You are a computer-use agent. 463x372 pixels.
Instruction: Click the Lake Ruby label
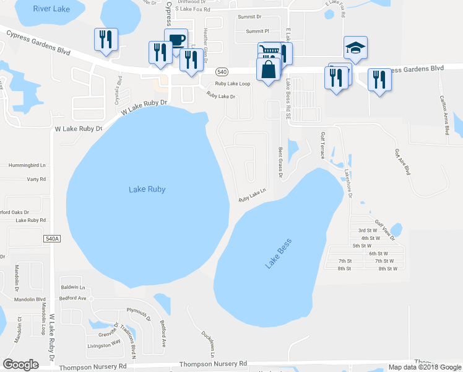[x=147, y=189]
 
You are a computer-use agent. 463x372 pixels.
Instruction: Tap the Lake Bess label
[x=278, y=254]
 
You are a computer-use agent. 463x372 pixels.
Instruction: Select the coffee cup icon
[x=176, y=40]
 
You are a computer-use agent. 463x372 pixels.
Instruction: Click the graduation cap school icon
[x=356, y=47]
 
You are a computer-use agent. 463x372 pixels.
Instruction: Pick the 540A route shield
[x=53, y=238]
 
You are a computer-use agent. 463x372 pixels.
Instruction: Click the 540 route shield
[x=222, y=72]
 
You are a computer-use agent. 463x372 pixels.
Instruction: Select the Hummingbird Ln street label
[x=27, y=166]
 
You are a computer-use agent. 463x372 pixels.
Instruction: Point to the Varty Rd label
[x=37, y=179]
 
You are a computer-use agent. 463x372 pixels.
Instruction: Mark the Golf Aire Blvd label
[x=403, y=161]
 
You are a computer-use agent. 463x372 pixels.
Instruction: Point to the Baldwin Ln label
[x=72, y=288]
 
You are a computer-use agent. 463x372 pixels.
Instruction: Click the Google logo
[x=20, y=365]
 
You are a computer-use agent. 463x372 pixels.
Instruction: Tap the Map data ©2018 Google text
[x=425, y=367]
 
